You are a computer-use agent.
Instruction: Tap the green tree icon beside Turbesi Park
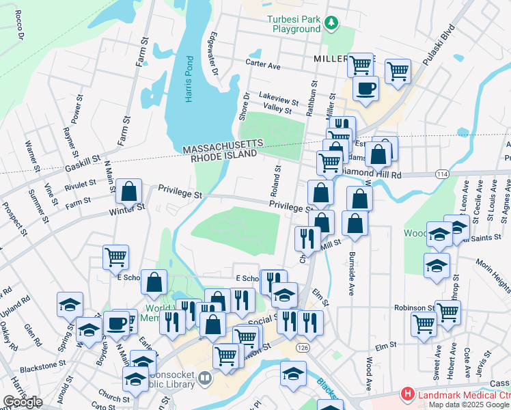tap(331, 23)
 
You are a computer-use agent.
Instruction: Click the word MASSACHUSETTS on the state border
tap(222, 145)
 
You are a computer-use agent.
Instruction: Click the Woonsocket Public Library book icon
tap(205, 377)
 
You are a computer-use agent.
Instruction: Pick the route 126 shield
tap(301, 348)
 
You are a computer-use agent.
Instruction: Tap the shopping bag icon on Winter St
tap(128, 193)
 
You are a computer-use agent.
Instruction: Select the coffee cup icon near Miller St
tap(365, 88)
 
